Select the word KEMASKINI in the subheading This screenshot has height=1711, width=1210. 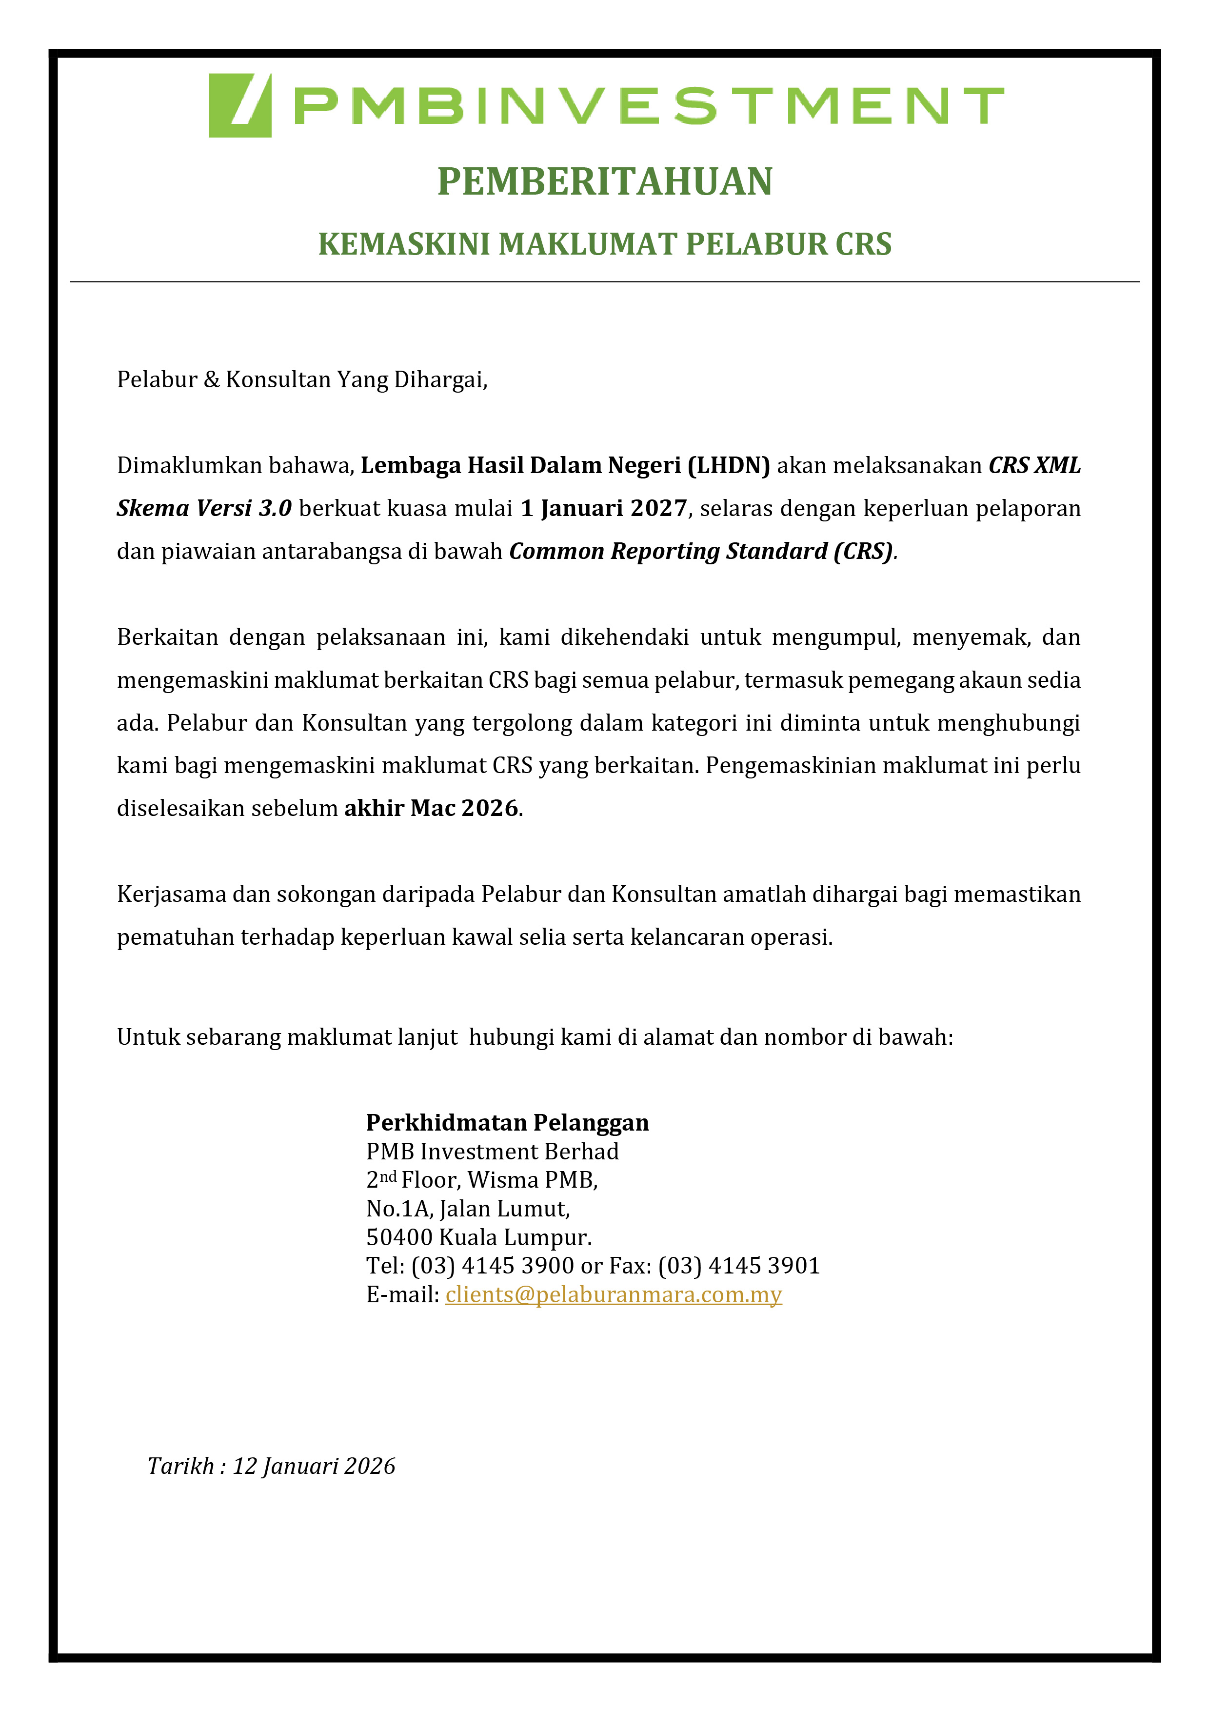tap(403, 244)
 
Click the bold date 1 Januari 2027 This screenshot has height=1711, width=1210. tap(603, 508)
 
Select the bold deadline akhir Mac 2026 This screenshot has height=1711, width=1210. tap(431, 808)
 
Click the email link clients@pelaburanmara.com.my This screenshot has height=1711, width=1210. tap(613, 1294)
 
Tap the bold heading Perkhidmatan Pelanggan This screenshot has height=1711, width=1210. tap(507, 1122)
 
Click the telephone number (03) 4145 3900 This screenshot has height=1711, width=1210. tap(493, 1265)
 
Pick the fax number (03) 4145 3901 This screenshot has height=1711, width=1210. tap(738, 1265)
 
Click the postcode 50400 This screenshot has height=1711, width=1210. tap(398, 1237)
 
